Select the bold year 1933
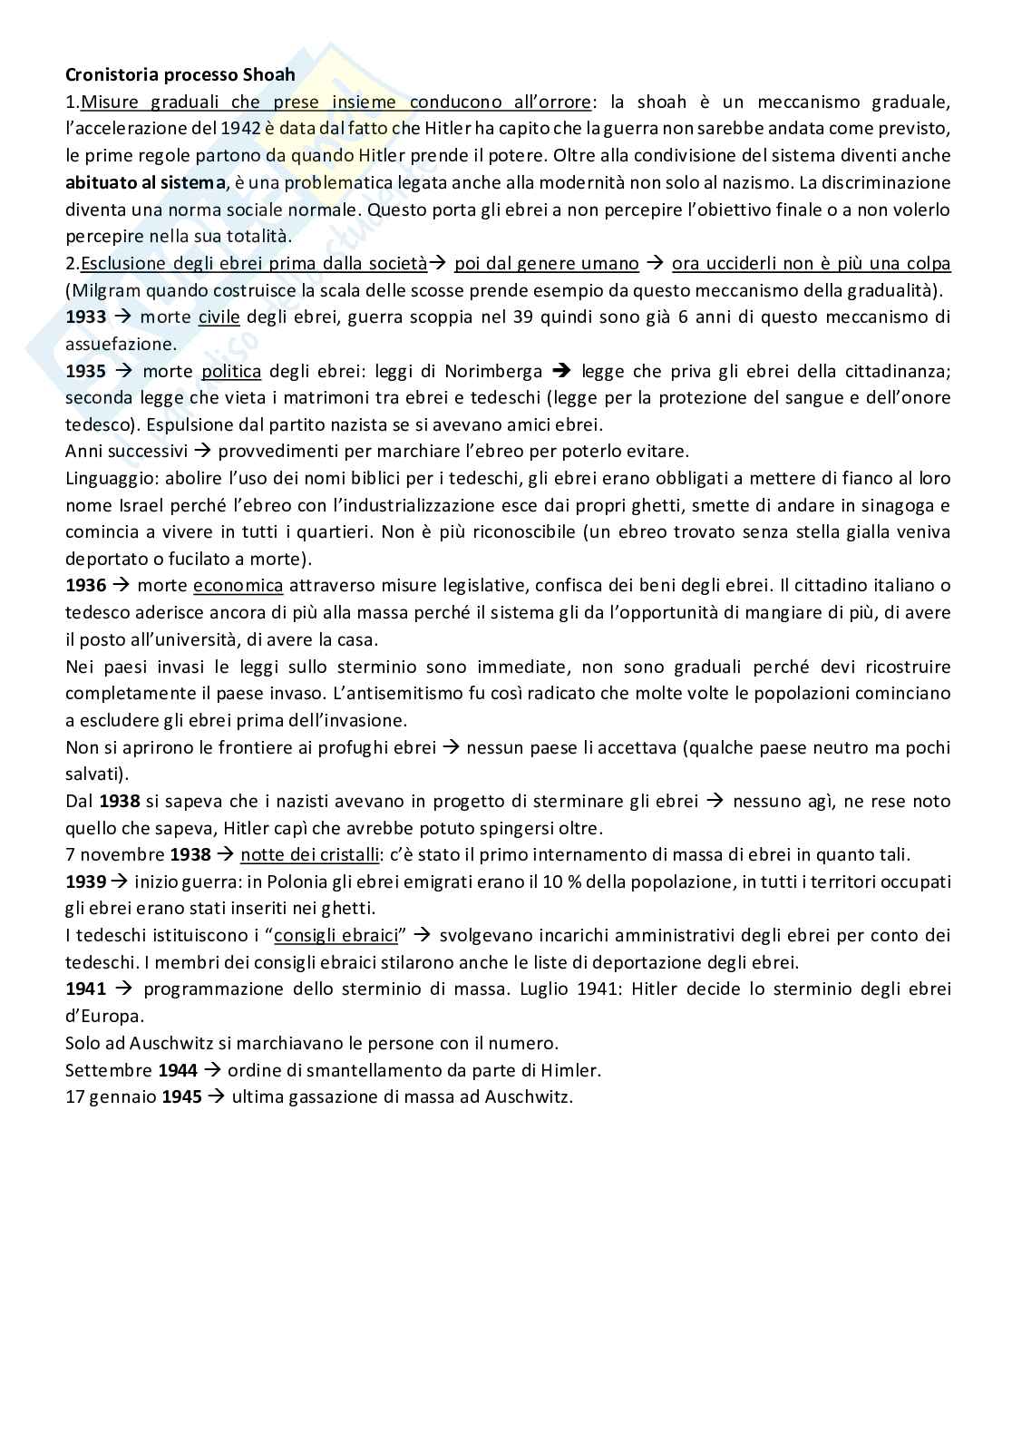(x=86, y=317)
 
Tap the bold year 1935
(x=86, y=371)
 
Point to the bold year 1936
(x=86, y=586)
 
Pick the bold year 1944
(x=178, y=1070)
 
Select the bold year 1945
(x=182, y=1096)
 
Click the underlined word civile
(x=219, y=317)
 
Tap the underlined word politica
(x=231, y=371)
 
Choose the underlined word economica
(x=238, y=586)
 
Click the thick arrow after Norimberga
(x=562, y=371)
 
